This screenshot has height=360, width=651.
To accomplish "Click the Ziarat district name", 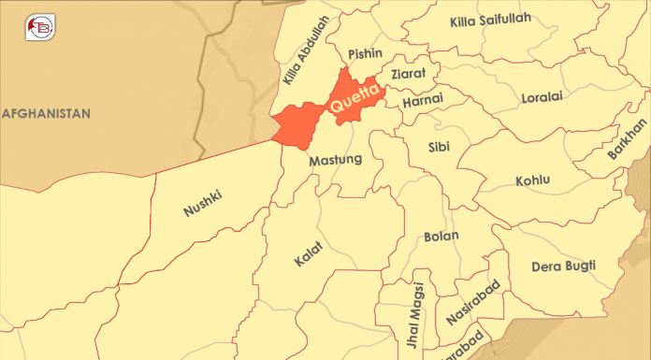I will (x=408, y=72).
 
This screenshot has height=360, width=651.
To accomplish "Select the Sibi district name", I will (x=438, y=148).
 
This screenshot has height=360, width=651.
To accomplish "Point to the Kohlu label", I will (x=533, y=180).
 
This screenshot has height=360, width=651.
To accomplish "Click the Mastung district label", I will (x=334, y=159).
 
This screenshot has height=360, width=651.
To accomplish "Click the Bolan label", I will (x=441, y=236).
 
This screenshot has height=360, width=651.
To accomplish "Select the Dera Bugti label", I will (x=563, y=266).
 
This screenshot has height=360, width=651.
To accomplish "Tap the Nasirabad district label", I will (x=473, y=301).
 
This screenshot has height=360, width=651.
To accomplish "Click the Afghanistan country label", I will (x=46, y=113).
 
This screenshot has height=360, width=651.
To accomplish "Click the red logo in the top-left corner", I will (x=39, y=26).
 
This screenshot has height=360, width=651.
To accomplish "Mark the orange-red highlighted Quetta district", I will (x=299, y=124).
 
